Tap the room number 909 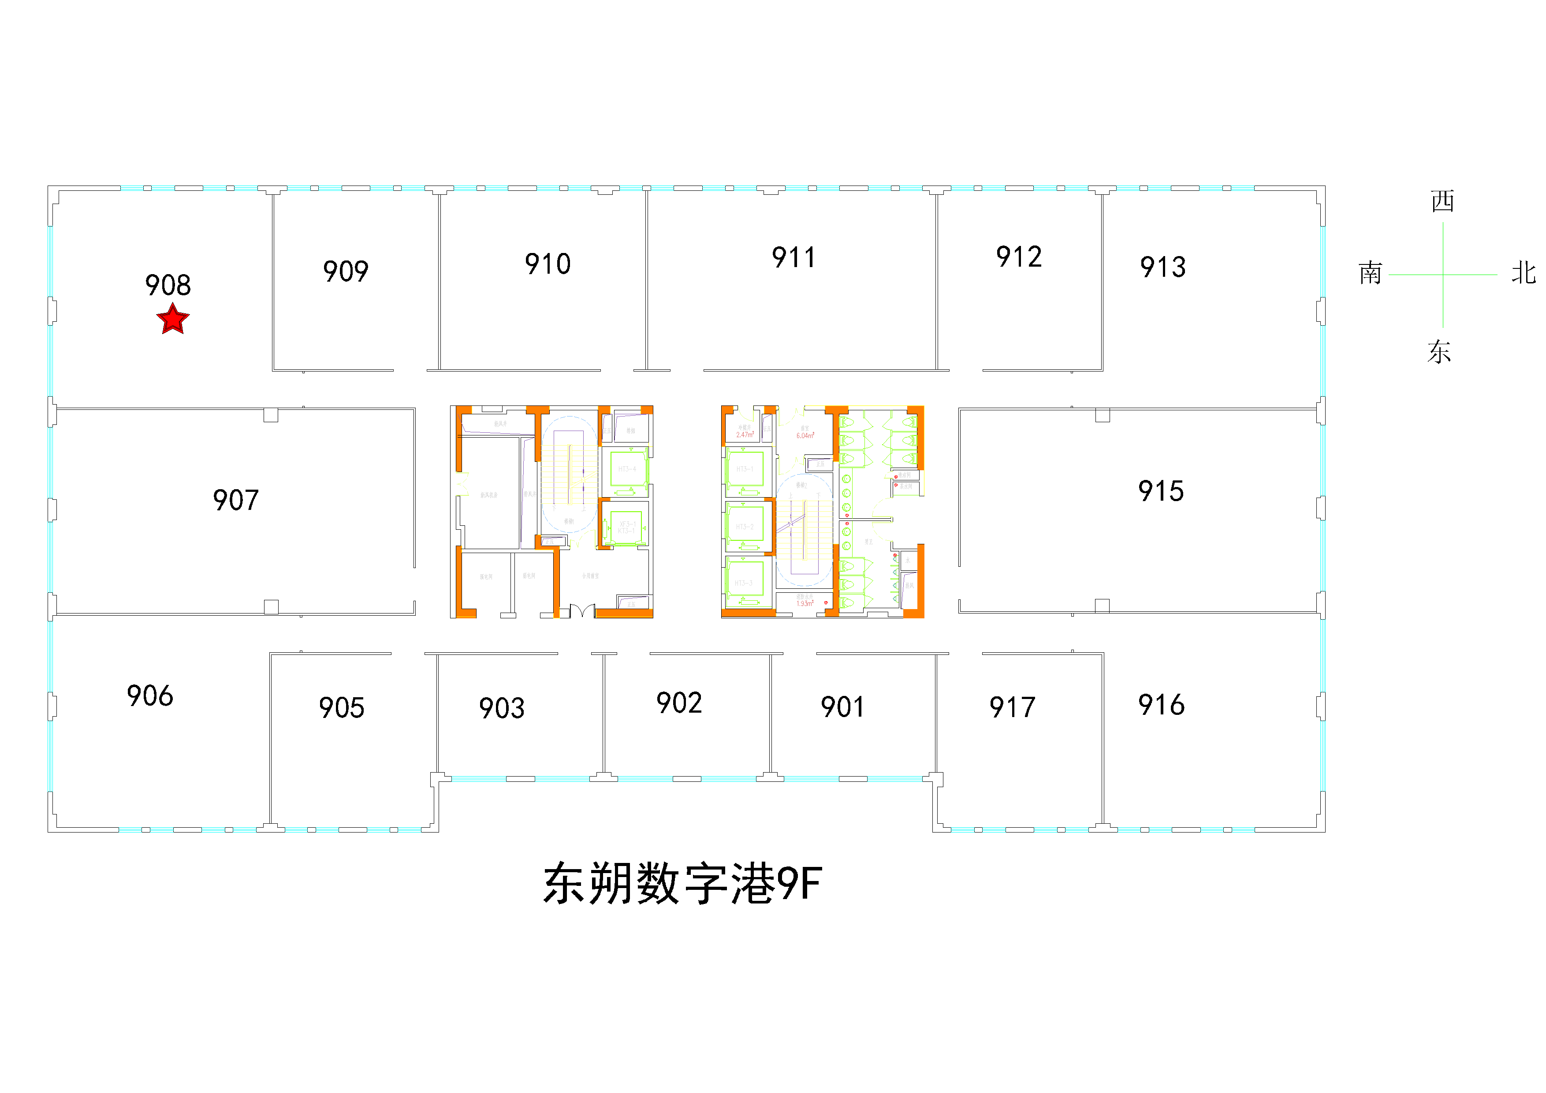(x=346, y=271)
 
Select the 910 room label (x=548, y=264)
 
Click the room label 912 (x=1019, y=257)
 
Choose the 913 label (x=1163, y=267)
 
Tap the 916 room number (x=1161, y=705)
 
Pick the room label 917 (x=1012, y=707)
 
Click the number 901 (x=842, y=706)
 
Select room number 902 (x=679, y=703)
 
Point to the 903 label (x=502, y=708)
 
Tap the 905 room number (x=341, y=707)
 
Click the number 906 (x=149, y=695)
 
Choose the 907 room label (x=236, y=500)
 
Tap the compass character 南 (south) (x=1370, y=273)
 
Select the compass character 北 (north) (x=1523, y=273)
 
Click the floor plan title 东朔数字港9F (x=682, y=884)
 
